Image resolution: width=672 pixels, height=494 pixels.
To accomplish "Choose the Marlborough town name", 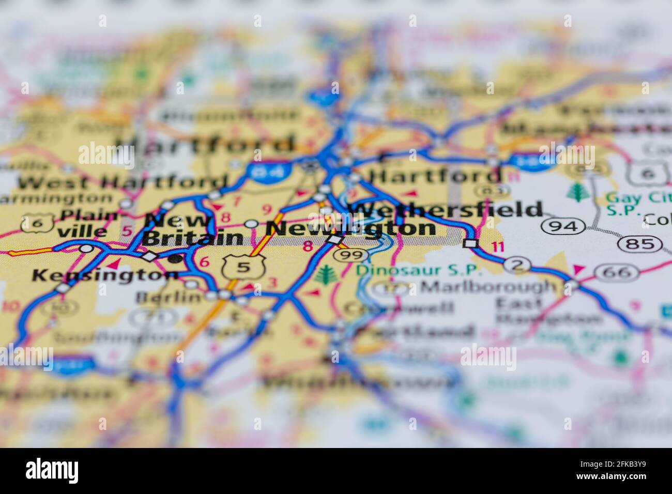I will [x=488, y=286].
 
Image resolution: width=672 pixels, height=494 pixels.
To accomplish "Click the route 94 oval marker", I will [x=563, y=226].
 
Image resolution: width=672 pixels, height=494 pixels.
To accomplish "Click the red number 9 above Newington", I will [x=267, y=210].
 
